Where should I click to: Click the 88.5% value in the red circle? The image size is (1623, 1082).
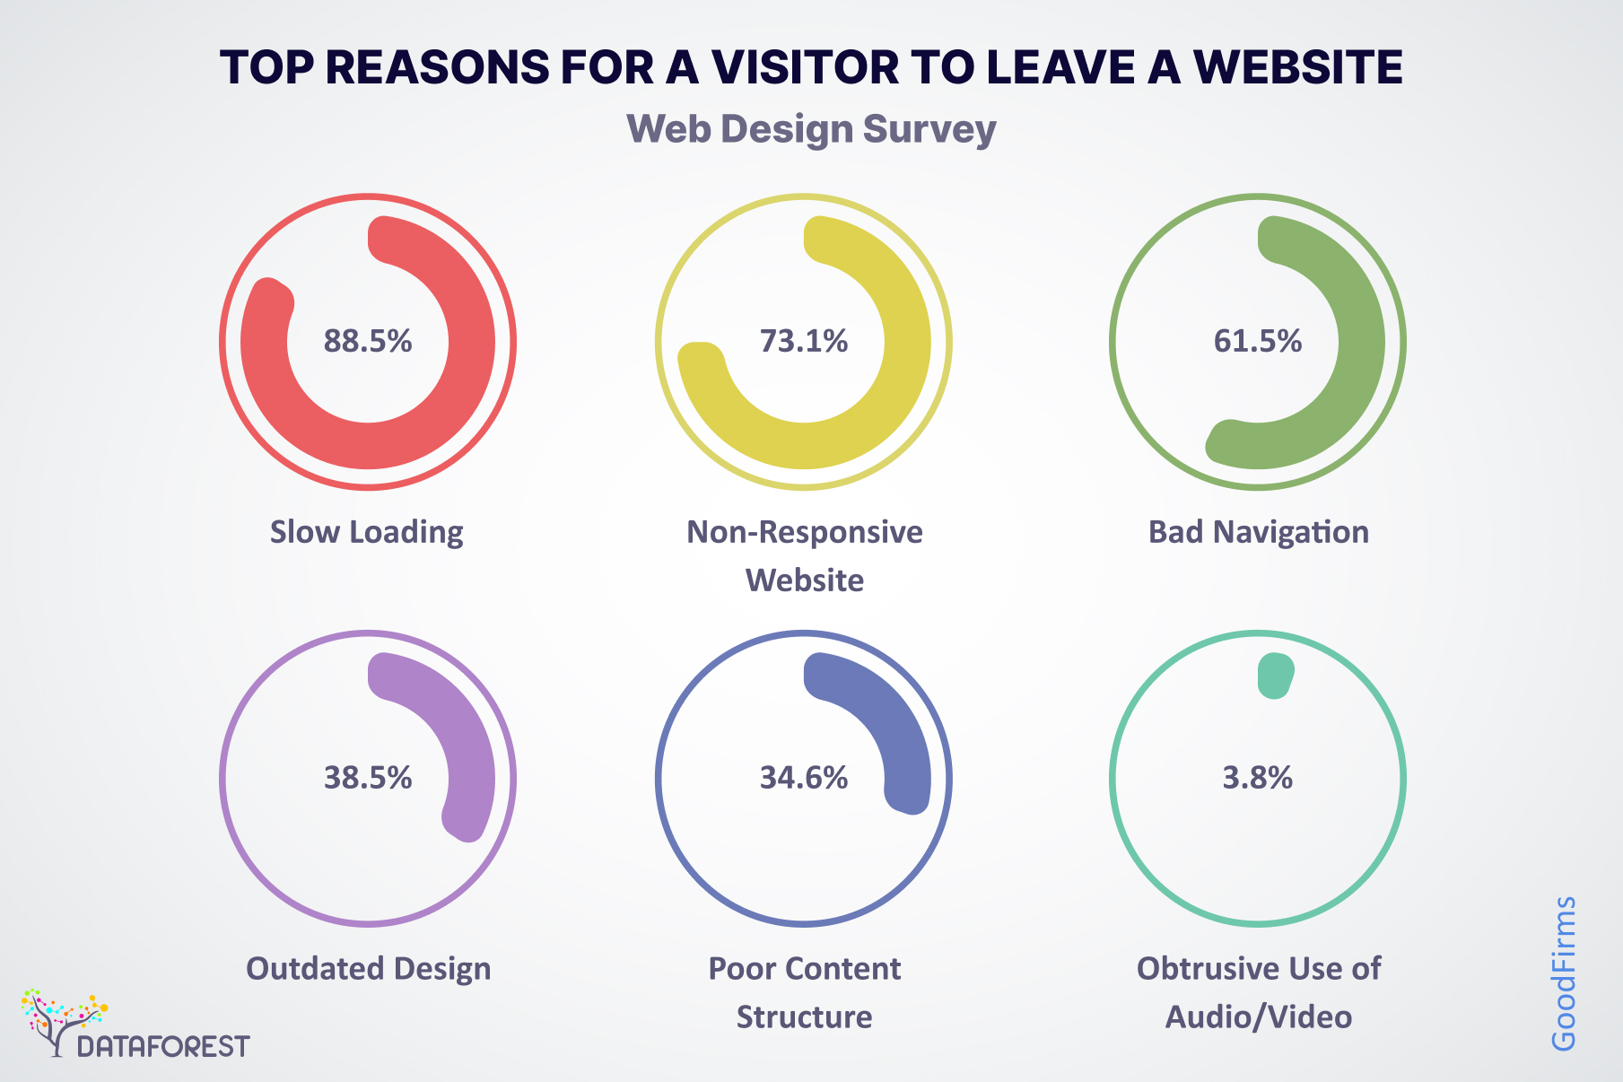click(x=368, y=342)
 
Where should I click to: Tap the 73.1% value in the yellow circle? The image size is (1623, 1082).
click(x=804, y=342)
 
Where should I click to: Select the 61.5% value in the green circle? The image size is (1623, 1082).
click(x=1258, y=342)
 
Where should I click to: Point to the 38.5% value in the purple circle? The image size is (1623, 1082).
click(x=368, y=778)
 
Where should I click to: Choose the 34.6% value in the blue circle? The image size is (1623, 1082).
click(x=804, y=778)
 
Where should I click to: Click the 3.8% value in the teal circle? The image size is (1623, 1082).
click(x=1258, y=778)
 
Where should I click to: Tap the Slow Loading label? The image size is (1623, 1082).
click(x=367, y=532)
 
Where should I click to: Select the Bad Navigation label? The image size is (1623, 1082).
click(x=1259, y=532)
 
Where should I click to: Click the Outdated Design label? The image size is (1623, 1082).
click(x=369, y=969)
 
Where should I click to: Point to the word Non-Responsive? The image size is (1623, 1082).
click(x=805, y=532)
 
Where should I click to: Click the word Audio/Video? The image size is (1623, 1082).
click(x=1259, y=1017)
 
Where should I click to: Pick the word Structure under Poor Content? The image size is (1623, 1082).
click(x=805, y=1017)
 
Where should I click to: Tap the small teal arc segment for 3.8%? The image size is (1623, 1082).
click(x=1275, y=676)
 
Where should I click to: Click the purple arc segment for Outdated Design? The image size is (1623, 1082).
click(x=462, y=754)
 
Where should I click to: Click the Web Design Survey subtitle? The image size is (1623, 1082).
click(x=811, y=129)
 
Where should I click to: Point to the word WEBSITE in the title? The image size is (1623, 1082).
click(x=1297, y=67)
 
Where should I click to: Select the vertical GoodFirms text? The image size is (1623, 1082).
click(x=1564, y=973)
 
